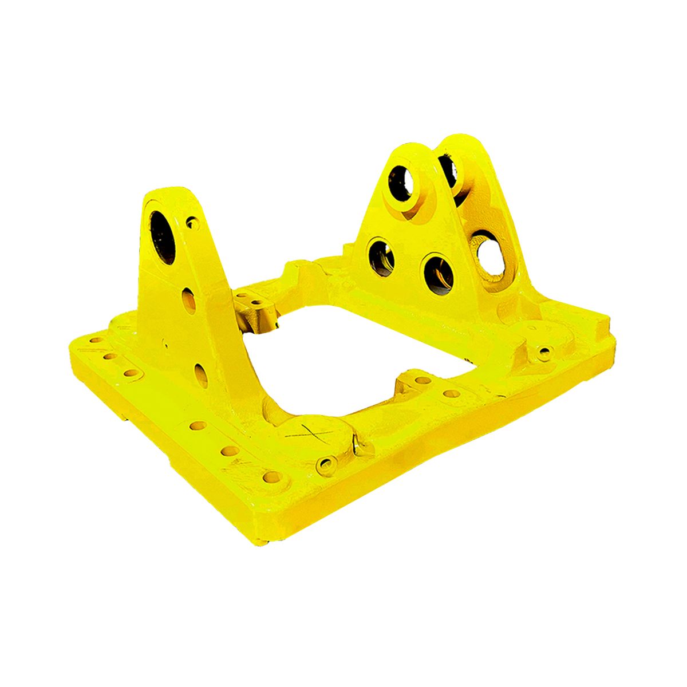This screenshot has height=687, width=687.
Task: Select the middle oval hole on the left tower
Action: point(189,299)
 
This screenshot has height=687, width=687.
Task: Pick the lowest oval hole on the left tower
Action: point(201,375)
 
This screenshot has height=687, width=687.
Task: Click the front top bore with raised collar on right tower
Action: point(401,183)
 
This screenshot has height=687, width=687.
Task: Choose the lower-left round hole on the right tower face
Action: point(382,258)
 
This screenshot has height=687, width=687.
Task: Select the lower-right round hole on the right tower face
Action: point(439,273)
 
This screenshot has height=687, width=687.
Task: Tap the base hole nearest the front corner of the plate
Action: point(271,476)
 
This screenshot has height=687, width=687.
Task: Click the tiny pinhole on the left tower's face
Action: point(165,344)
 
